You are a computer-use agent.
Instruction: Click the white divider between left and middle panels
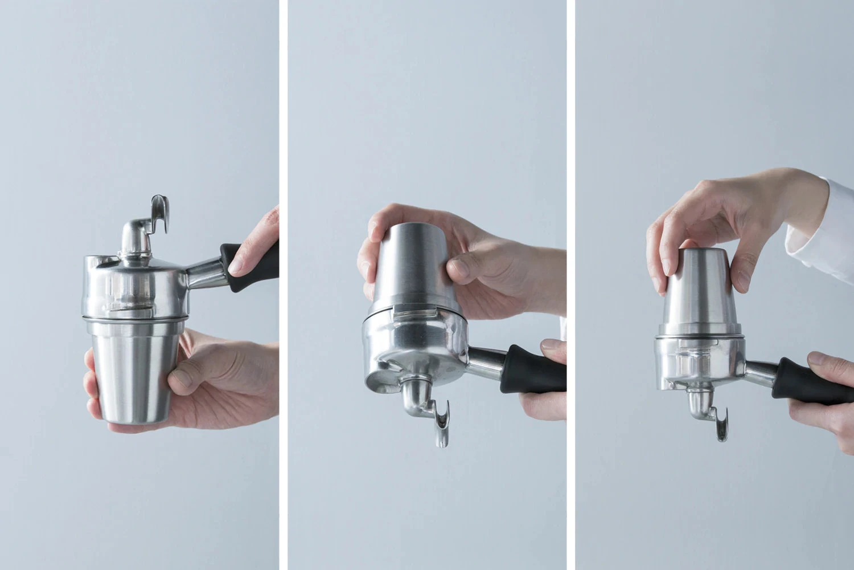pos(284,285)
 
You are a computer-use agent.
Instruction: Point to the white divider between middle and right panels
pos(570,285)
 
